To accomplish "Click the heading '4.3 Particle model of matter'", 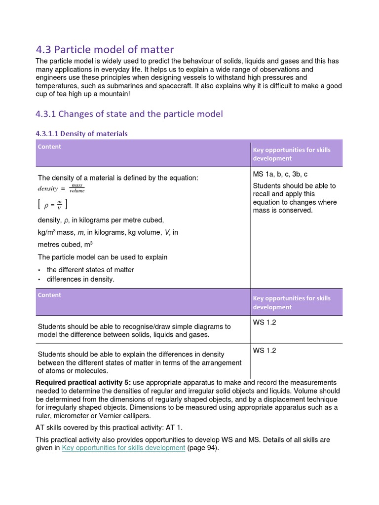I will [x=105, y=49].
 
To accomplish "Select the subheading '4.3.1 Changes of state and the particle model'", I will [x=129, y=114].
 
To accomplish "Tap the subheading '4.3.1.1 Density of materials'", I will [x=81, y=134].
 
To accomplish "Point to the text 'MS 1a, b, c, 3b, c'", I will [x=280, y=174].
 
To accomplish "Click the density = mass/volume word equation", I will [x=61, y=188].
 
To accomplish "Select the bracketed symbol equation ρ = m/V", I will [x=53, y=204].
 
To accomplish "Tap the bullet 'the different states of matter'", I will [x=90, y=270].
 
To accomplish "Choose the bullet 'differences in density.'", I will [x=80, y=279].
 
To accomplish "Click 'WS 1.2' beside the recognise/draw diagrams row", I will [x=265, y=323].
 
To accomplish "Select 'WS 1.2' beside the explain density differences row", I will [x=265, y=351].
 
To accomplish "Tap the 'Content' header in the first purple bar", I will [x=49, y=146].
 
